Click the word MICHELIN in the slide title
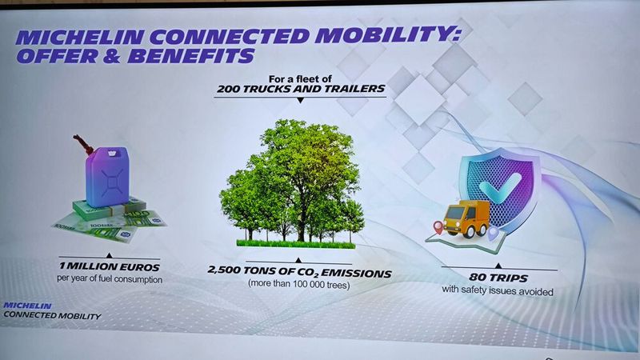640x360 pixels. (x=79, y=37)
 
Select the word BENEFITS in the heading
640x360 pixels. (x=191, y=56)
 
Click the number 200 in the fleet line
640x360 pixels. (x=228, y=89)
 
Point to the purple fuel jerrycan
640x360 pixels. (x=107, y=176)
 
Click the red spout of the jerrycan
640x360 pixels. (x=83, y=145)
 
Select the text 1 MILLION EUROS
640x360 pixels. (x=110, y=267)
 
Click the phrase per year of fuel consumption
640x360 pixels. (x=110, y=279)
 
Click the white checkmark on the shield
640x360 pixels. (x=499, y=188)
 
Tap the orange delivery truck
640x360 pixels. (x=466, y=218)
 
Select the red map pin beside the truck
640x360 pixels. (x=438, y=227)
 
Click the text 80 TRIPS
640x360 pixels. (x=498, y=278)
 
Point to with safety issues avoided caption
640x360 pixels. (x=498, y=290)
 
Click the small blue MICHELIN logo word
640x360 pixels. (x=27, y=306)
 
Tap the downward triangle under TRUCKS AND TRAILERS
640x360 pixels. (x=301, y=101)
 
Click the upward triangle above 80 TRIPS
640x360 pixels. (x=498, y=266)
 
